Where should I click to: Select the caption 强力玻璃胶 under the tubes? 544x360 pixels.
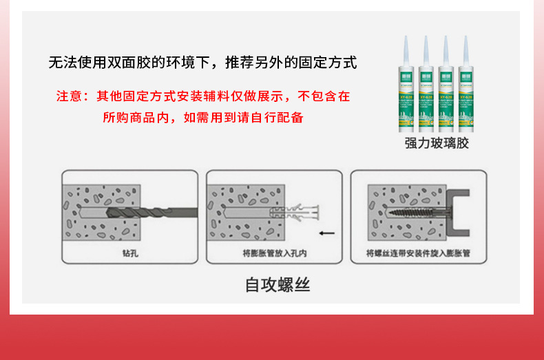coord(437,143)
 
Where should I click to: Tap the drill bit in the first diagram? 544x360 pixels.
coord(148,211)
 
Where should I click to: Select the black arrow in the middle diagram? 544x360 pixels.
coord(327,233)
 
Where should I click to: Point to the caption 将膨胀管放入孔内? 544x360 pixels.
coord(275,253)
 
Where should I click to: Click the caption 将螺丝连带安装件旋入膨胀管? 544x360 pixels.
coord(419,253)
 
